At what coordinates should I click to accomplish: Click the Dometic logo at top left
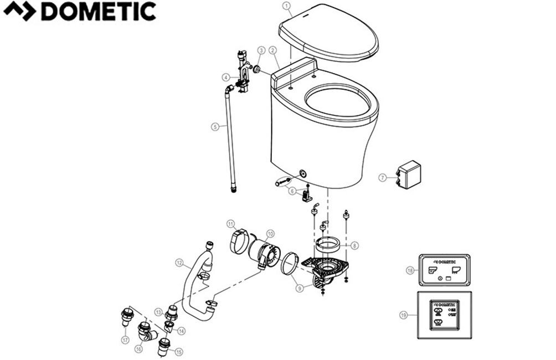coord(79,12)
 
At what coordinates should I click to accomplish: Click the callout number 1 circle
coord(286,7)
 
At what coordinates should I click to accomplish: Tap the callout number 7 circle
coord(382,177)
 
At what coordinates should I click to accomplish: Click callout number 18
coord(410,270)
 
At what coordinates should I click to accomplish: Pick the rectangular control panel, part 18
coord(445,270)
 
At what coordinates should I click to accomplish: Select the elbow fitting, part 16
coord(147,331)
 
